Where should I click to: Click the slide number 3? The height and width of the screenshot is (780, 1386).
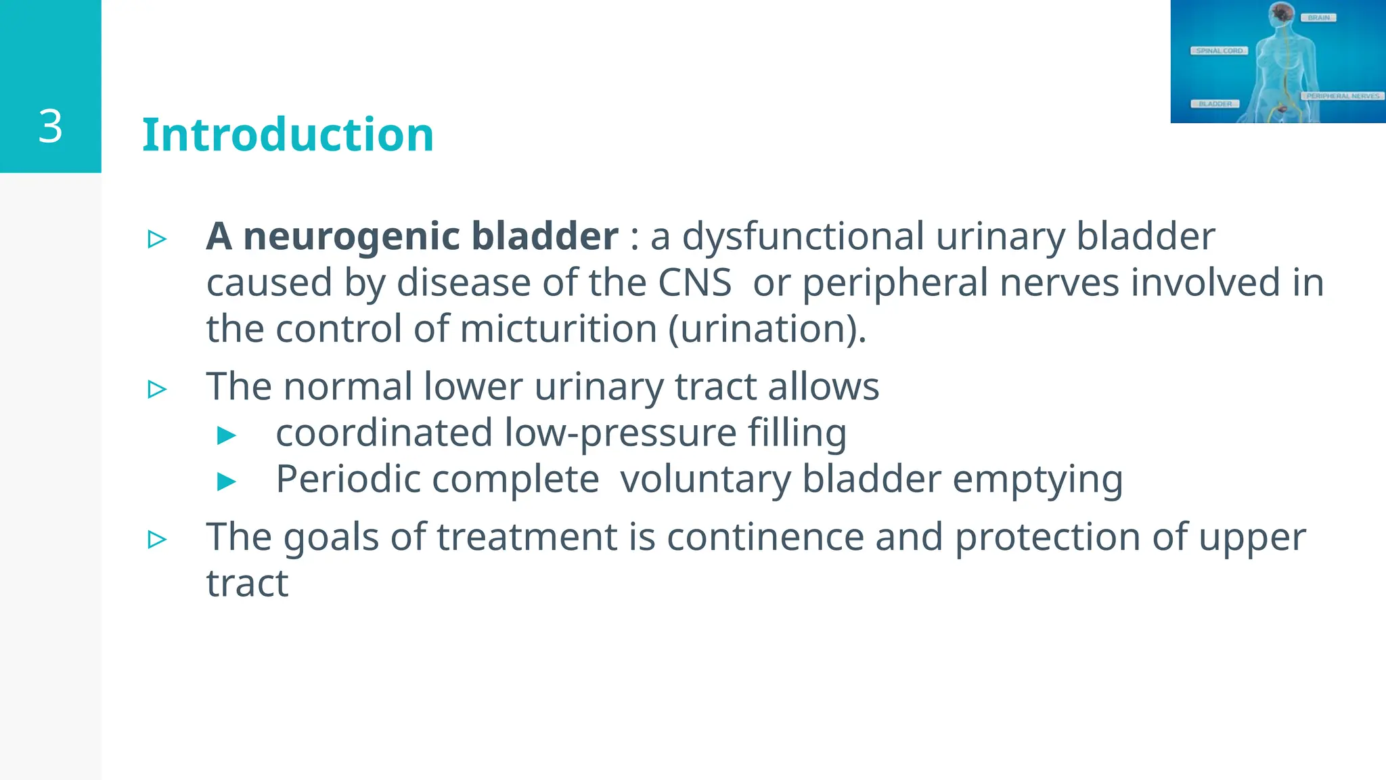tap(51, 127)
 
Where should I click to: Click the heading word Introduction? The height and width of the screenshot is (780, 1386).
tap(288, 135)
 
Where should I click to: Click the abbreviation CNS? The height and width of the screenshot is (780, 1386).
tap(694, 282)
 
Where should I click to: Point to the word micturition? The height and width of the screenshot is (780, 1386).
tap(558, 329)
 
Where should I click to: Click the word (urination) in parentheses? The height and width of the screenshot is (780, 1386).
tap(767, 329)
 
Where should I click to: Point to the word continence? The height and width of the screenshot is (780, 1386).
tap(765, 537)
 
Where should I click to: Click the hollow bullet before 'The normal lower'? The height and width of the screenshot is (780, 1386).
tap(157, 389)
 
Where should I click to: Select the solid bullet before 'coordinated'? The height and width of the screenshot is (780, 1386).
tap(227, 435)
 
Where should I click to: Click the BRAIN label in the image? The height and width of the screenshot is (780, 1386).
tap(1318, 18)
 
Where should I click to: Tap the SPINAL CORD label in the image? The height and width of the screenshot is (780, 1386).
tap(1219, 51)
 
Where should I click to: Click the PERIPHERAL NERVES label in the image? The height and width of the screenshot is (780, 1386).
tap(1343, 96)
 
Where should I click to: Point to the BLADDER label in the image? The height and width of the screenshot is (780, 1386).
tap(1215, 104)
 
